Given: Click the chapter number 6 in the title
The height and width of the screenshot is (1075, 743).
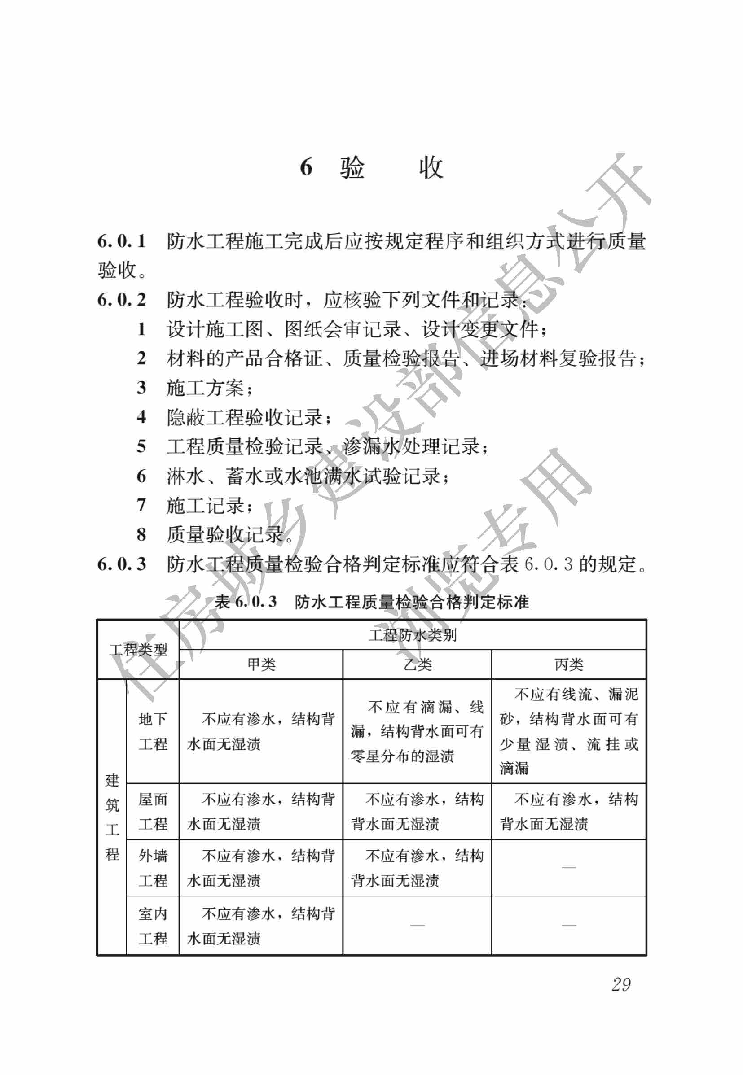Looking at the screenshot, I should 306,167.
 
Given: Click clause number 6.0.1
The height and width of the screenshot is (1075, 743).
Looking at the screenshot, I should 122,241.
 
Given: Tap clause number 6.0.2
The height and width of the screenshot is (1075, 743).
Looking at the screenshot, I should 122,300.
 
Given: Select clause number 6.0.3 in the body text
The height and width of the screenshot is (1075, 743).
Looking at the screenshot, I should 122,564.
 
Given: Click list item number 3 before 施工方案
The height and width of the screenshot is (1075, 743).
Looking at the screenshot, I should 141,388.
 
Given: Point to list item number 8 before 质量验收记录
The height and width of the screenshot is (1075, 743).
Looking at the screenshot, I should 141,534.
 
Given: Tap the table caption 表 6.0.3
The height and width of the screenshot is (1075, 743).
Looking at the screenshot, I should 246,602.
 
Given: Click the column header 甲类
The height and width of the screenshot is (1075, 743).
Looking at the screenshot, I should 261,664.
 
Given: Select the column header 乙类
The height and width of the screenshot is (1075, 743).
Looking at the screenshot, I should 417,664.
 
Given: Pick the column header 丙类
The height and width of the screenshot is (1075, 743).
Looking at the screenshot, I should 568,664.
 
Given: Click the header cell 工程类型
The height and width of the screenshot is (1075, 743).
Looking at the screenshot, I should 138,649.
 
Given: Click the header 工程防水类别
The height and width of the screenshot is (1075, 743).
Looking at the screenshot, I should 413,634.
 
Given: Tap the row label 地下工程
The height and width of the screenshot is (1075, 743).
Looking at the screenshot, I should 153,731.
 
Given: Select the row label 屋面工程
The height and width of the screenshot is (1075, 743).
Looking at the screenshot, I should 153,812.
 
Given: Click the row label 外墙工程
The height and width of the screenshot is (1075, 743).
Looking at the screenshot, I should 153,868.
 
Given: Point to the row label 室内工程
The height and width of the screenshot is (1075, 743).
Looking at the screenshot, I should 153,926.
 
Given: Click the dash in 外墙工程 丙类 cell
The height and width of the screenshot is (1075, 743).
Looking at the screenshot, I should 568,868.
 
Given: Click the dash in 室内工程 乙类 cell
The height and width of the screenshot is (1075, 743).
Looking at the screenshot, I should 417,925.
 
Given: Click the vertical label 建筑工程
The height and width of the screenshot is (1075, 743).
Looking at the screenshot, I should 112,817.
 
